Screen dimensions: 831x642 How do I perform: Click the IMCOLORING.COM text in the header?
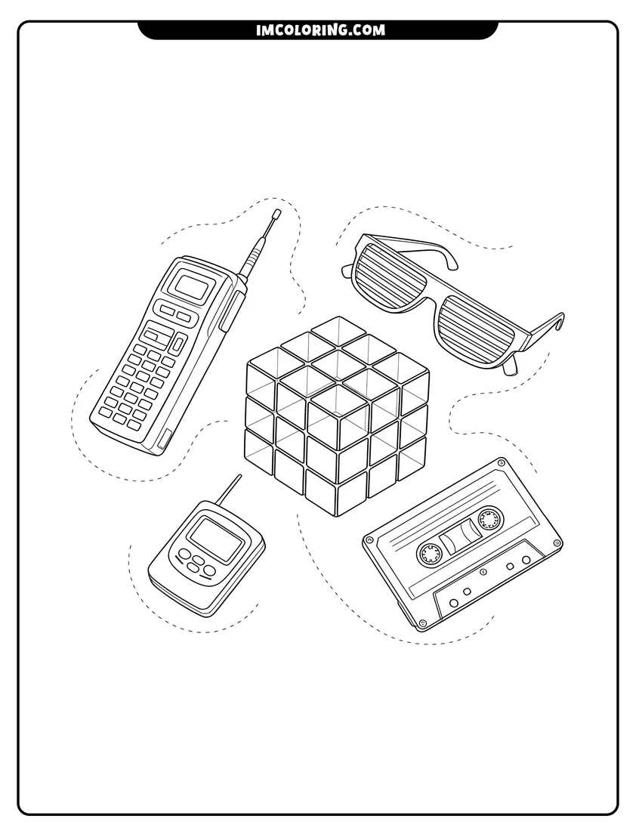coord(320,30)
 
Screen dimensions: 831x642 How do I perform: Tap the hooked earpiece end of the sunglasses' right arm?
coord(558,320)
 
